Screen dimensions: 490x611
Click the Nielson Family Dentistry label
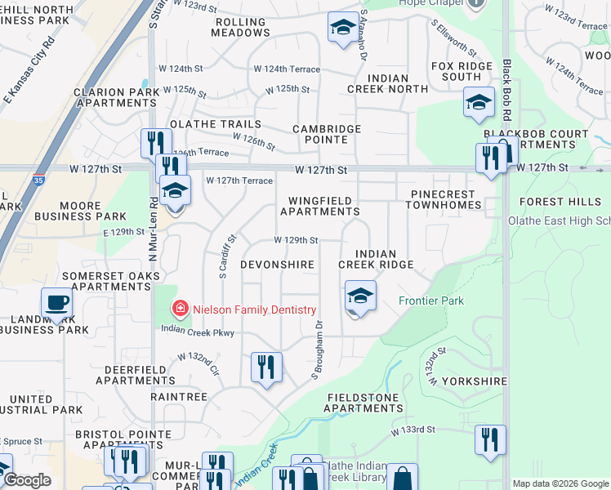coord(252,310)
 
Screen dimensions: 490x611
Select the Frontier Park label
coord(431,301)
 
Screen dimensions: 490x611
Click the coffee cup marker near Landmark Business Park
coord(57,302)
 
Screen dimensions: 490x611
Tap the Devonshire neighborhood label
coord(277,265)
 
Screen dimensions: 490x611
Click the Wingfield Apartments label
coord(320,206)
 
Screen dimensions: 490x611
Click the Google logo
coord(26,480)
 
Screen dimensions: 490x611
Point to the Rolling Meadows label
coord(240,27)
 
